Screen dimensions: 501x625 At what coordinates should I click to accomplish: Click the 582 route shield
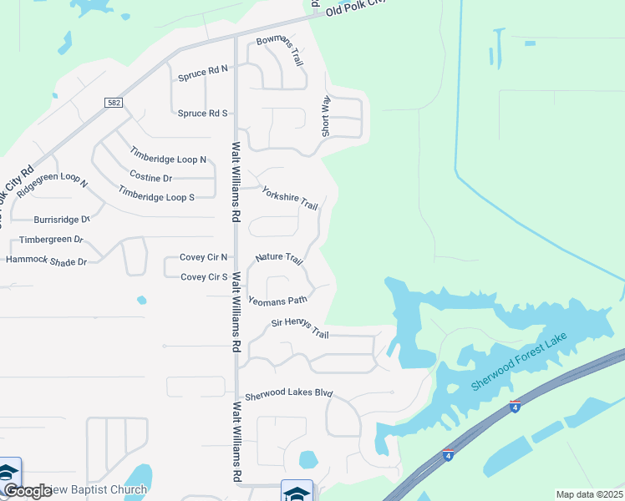(114, 103)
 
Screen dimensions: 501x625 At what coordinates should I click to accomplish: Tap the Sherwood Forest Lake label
(519, 362)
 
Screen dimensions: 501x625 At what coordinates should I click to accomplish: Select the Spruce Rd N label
(202, 74)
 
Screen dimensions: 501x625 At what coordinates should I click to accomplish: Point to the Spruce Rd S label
(202, 113)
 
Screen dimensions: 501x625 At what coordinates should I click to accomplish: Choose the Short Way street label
(326, 116)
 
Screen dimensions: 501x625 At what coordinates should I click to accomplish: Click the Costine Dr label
(150, 177)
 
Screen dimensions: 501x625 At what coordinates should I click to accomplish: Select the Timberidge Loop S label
(156, 196)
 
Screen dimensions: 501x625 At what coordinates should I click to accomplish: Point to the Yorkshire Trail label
(290, 199)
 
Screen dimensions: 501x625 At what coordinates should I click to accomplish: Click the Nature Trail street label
(279, 258)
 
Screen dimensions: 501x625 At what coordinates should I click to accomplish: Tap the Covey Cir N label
(204, 257)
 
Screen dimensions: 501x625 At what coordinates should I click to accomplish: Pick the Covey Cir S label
(204, 276)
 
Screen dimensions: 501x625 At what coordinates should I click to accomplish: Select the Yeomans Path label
(278, 299)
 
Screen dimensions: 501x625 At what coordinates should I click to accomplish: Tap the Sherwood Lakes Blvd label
(288, 395)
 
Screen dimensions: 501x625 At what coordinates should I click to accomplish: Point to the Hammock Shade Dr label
(46, 261)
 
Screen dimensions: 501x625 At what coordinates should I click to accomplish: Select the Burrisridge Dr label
(61, 220)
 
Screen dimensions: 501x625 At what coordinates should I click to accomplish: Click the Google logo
(28, 491)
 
